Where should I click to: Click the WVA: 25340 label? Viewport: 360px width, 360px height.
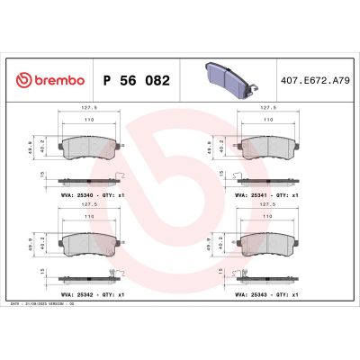click(x=81, y=193)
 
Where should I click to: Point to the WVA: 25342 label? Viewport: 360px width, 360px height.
click(x=81, y=292)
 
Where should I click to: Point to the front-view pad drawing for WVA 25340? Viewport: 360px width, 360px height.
click(x=89, y=145)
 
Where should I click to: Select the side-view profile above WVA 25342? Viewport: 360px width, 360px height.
click(x=89, y=276)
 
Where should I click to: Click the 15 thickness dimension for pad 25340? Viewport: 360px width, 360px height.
click(x=42, y=176)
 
